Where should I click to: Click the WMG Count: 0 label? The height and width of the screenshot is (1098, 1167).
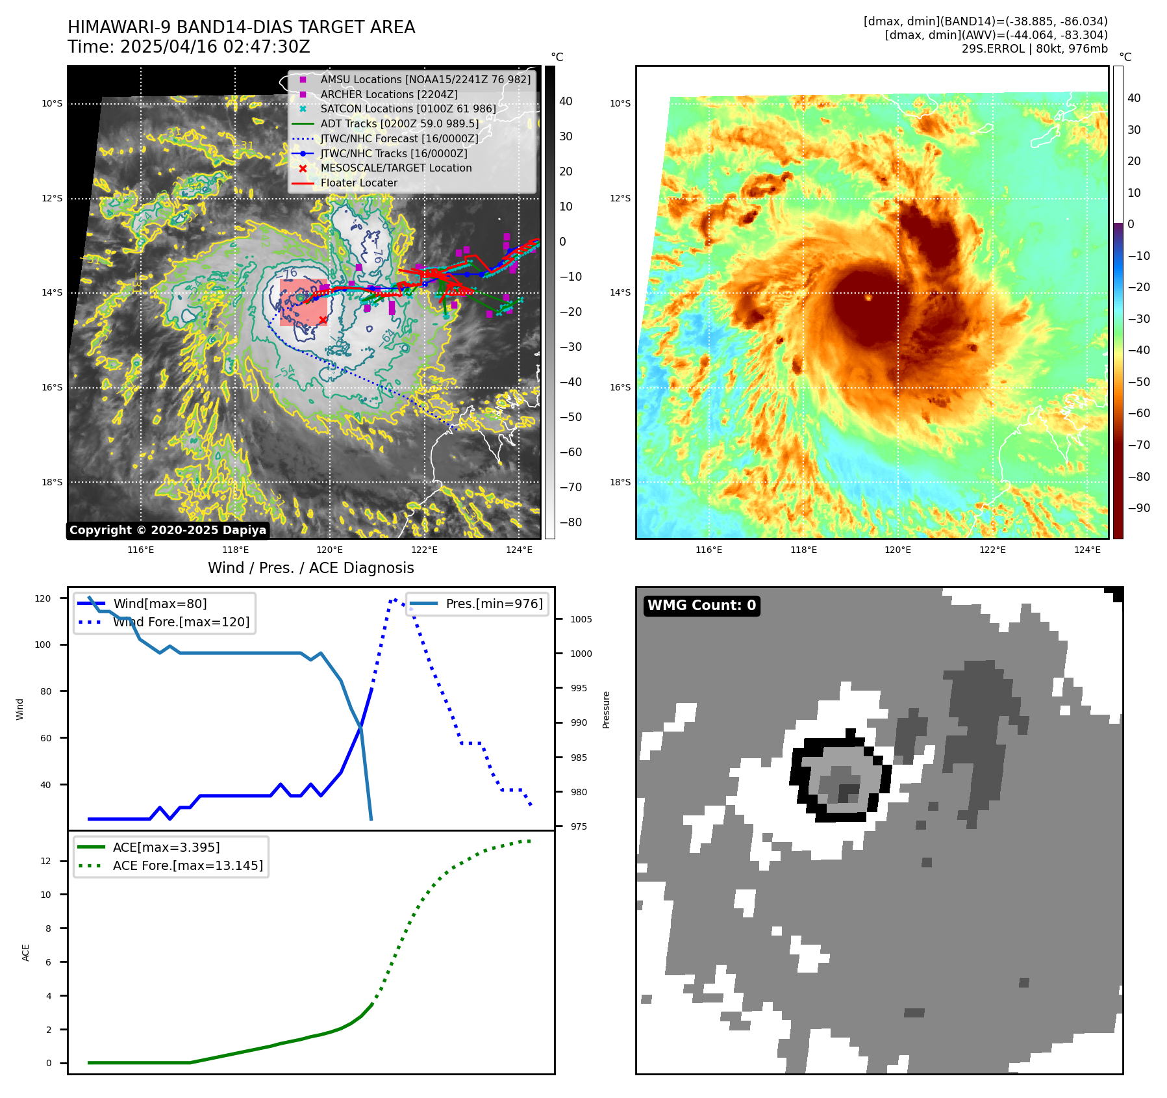point(701,606)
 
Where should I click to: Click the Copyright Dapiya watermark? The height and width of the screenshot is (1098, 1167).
point(168,530)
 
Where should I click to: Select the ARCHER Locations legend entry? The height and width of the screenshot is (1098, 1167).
point(388,94)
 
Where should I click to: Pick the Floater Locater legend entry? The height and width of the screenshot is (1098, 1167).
point(358,183)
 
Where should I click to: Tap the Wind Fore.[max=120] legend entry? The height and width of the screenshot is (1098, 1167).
point(181,622)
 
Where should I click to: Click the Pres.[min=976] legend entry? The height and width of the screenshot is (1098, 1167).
point(494,604)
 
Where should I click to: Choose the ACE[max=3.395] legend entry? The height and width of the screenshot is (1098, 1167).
point(166,847)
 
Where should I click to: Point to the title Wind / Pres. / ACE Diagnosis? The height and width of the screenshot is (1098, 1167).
point(310,568)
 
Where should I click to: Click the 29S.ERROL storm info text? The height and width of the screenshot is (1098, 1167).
point(1034,49)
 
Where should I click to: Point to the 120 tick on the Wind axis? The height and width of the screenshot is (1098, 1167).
point(43,598)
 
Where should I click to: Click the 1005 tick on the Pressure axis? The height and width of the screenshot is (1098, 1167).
point(581,619)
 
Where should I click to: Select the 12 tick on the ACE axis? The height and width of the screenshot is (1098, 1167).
point(45,861)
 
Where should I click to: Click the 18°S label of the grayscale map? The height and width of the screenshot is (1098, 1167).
point(52,482)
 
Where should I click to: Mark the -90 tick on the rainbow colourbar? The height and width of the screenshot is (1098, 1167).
point(1138,508)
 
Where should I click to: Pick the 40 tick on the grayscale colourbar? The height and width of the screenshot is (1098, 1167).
point(566,101)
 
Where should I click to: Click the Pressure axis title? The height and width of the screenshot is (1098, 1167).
point(606,709)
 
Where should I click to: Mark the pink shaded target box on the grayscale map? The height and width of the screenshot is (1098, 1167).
point(303,302)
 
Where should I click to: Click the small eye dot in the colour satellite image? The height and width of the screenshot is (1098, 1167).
point(868,298)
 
